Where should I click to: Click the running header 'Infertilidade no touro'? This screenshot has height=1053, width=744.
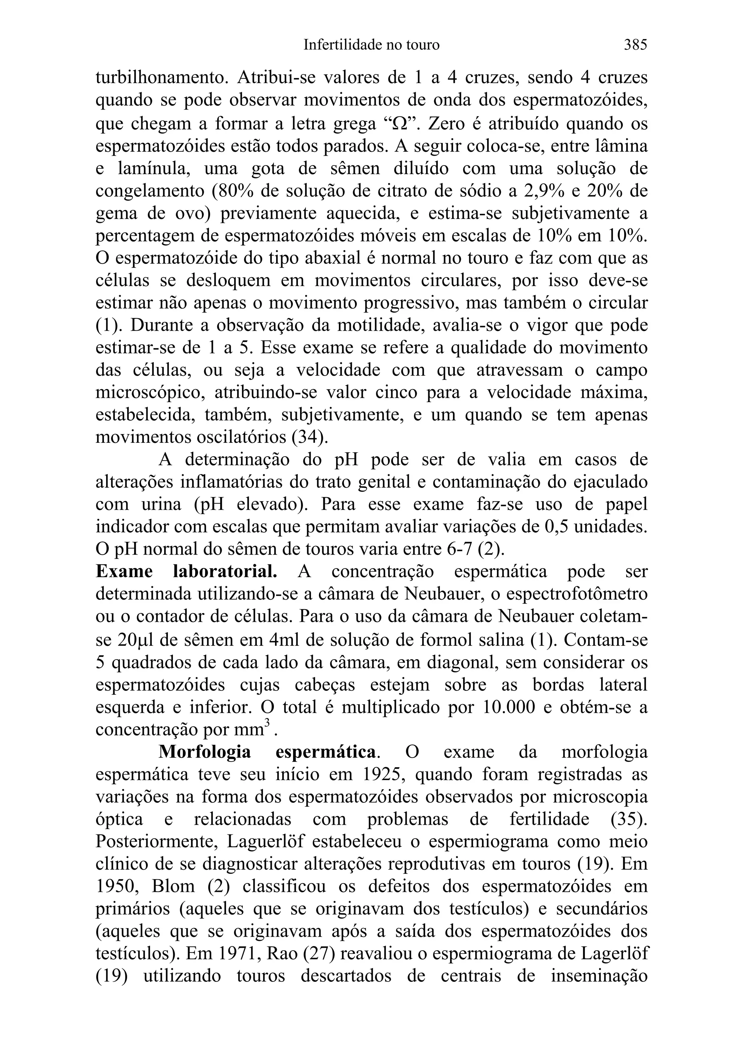[371, 45]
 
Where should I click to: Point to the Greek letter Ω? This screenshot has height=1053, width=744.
[396, 124]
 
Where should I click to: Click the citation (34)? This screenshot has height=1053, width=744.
[310, 437]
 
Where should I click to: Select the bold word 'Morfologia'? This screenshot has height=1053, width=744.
[205, 752]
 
